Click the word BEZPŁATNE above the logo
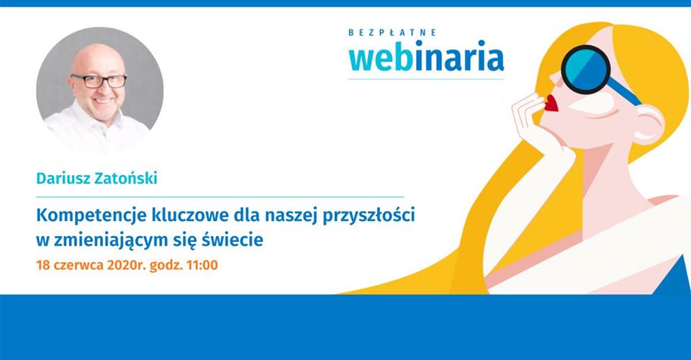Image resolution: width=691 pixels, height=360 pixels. click(x=392, y=32)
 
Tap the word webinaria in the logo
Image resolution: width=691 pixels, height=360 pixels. click(x=425, y=56)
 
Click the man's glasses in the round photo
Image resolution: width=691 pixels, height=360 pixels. click(x=99, y=81)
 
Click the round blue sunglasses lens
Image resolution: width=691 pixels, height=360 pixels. click(x=586, y=69)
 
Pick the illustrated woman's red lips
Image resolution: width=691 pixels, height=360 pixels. click(x=551, y=103)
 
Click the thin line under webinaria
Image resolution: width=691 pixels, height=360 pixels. click(x=425, y=79)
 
